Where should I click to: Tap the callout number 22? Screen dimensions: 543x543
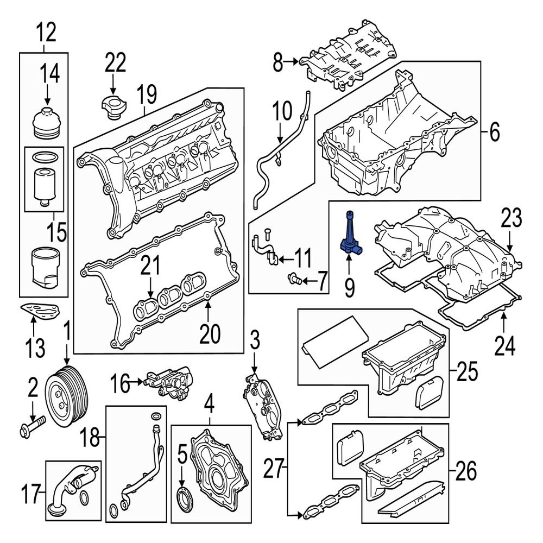tap(115, 63)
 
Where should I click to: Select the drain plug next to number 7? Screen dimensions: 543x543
tap(294, 280)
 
